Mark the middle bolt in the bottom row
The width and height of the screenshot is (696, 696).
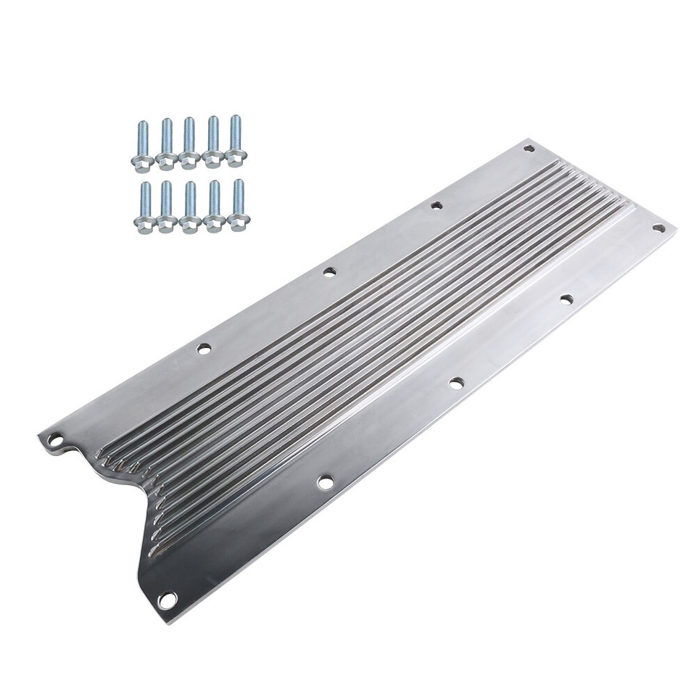pyautogui.click(x=191, y=206)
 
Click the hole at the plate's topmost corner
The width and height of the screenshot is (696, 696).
pyautogui.click(x=529, y=149)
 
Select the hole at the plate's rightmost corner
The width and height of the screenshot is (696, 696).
pyautogui.click(x=658, y=228)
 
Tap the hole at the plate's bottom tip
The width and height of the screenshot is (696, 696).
pyautogui.click(x=167, y=600)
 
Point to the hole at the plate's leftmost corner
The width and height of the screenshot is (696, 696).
pyautogui.click(x=55, y=439)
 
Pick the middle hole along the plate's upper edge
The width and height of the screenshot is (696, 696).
pyautogui.click(x=329, y=272)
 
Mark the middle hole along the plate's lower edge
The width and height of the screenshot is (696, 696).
pyautogui.click(x=456, y=383)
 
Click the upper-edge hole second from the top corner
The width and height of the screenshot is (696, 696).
pyautogui.click(x=436, y=206)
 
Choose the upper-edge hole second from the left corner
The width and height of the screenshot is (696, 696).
pyautogui.click(x=204, y=349)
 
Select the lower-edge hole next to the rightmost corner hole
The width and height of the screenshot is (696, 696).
pyautogui.click(x=566, y=299)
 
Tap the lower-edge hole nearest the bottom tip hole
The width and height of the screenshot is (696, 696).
pyautogui.click(x=326, y=481)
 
